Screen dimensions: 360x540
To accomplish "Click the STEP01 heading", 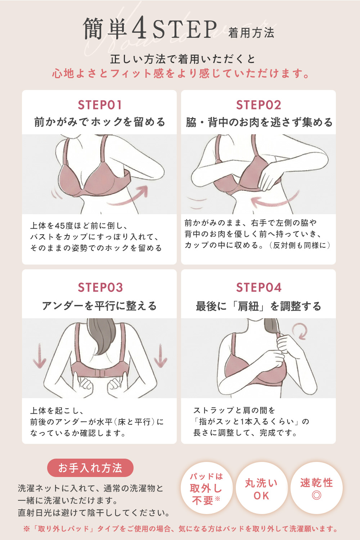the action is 100,105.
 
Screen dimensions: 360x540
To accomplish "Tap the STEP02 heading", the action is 258,105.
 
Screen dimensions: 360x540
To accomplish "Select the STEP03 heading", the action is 100,287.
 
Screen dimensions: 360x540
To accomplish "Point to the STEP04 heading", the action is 259,287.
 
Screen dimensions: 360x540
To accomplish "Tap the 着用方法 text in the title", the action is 251,33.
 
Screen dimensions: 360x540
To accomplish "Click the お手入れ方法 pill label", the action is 90,468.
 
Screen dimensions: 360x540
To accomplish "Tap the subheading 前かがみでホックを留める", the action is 99,122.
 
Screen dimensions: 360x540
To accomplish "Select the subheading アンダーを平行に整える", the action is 99,306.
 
